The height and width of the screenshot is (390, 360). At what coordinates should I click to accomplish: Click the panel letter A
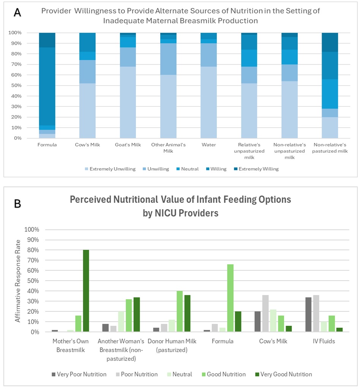click(17, 12)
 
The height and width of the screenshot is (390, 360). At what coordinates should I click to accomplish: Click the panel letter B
click(17, 204)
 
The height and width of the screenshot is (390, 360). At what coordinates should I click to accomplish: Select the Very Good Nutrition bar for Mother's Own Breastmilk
click(86, 291)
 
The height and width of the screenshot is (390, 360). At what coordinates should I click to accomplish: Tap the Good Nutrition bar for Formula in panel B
click(231, 298)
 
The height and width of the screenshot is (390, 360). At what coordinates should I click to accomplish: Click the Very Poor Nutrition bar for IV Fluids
click(308, 314)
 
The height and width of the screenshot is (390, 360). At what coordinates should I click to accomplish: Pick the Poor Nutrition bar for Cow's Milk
click(265, 313)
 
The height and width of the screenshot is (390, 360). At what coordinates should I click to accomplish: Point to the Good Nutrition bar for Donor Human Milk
click(180, 311)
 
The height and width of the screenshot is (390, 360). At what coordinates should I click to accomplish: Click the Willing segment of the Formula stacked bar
click(47, 87)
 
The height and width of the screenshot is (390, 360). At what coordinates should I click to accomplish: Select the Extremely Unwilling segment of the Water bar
click(209, 102)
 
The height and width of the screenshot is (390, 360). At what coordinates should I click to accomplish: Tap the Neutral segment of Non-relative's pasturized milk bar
click(330, 94)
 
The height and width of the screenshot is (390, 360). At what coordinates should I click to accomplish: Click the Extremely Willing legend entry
click(256, 169)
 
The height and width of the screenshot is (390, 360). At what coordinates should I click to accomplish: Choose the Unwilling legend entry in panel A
click(156, 169)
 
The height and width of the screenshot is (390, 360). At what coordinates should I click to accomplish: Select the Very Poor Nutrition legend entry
click(79, 374)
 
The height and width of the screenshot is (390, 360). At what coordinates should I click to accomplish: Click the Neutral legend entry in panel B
click(180, 374)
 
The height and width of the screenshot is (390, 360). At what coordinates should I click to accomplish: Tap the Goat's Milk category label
click(128, 145)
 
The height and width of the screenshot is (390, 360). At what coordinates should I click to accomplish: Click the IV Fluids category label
click(324, 341)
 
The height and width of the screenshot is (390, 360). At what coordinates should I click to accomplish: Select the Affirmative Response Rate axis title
click(18, 281)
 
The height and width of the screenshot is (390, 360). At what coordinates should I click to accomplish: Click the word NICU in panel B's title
click(166, 213)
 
